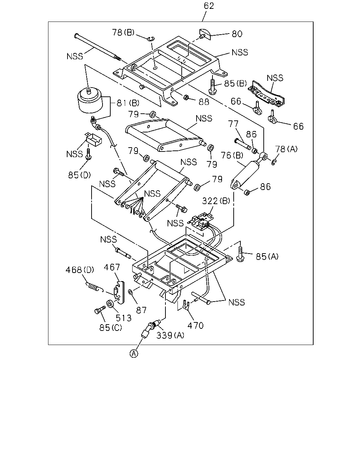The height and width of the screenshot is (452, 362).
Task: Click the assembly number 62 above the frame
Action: [209, 6]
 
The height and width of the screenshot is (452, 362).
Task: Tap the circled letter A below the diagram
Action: [134, 353]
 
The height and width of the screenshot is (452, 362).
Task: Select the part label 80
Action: [237, 34]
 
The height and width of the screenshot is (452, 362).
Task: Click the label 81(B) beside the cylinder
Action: [128, 103]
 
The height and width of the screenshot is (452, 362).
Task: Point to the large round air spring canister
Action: [90, 101]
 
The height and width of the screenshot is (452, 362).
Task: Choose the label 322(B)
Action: [216, 201]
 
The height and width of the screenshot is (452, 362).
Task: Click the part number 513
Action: [124, 318]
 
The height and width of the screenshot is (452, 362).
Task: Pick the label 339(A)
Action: [170, 335]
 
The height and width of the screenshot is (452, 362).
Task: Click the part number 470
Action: [195, 326]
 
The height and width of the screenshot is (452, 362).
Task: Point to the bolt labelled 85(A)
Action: [240, 254]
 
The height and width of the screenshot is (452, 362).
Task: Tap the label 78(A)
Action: [286, 149]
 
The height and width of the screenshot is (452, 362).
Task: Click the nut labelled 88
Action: [186, 97]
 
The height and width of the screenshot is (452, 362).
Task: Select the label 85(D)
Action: [79, 175]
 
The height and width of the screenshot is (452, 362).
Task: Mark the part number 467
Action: [112, 267]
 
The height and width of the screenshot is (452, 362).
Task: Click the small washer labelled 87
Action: [130, 292]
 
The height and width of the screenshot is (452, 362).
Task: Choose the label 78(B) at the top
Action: [123, 32]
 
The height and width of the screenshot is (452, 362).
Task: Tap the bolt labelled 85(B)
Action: [213, 86]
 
